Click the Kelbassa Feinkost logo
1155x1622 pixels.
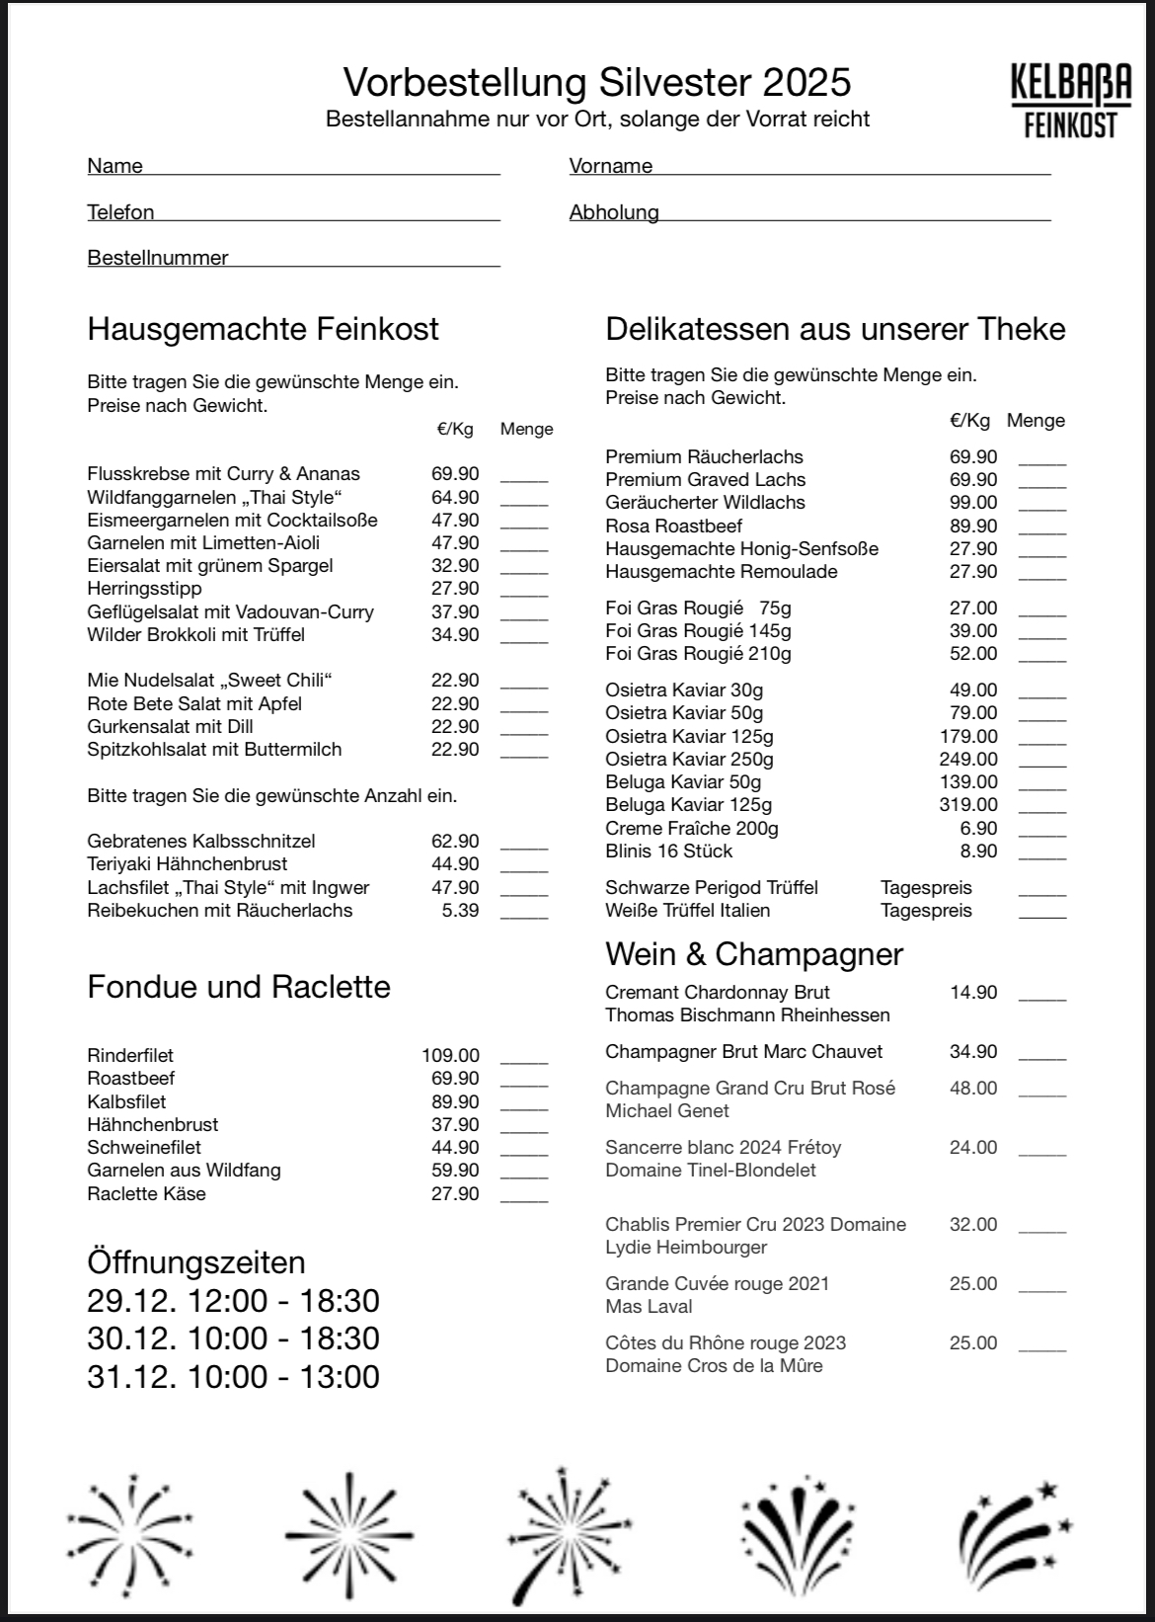point(1071,101)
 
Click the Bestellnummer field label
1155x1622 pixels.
point(158,258)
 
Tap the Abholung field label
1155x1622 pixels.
point(614,212)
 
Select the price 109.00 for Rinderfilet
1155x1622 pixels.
point(450,1055)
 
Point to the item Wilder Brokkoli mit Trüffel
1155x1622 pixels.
point(195,634)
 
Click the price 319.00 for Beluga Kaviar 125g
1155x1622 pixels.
point(968,805)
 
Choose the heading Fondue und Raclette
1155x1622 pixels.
point(239,987)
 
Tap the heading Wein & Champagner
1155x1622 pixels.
point(754,954)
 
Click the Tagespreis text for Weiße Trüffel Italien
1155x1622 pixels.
point(926,910)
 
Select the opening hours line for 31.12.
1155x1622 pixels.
point(233,1376)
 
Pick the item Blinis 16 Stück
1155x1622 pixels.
point(669,851)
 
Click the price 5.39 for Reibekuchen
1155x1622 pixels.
point(460,910)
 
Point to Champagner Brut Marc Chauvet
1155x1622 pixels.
point(743,1051)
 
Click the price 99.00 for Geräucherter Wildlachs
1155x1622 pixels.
point(973,502)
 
